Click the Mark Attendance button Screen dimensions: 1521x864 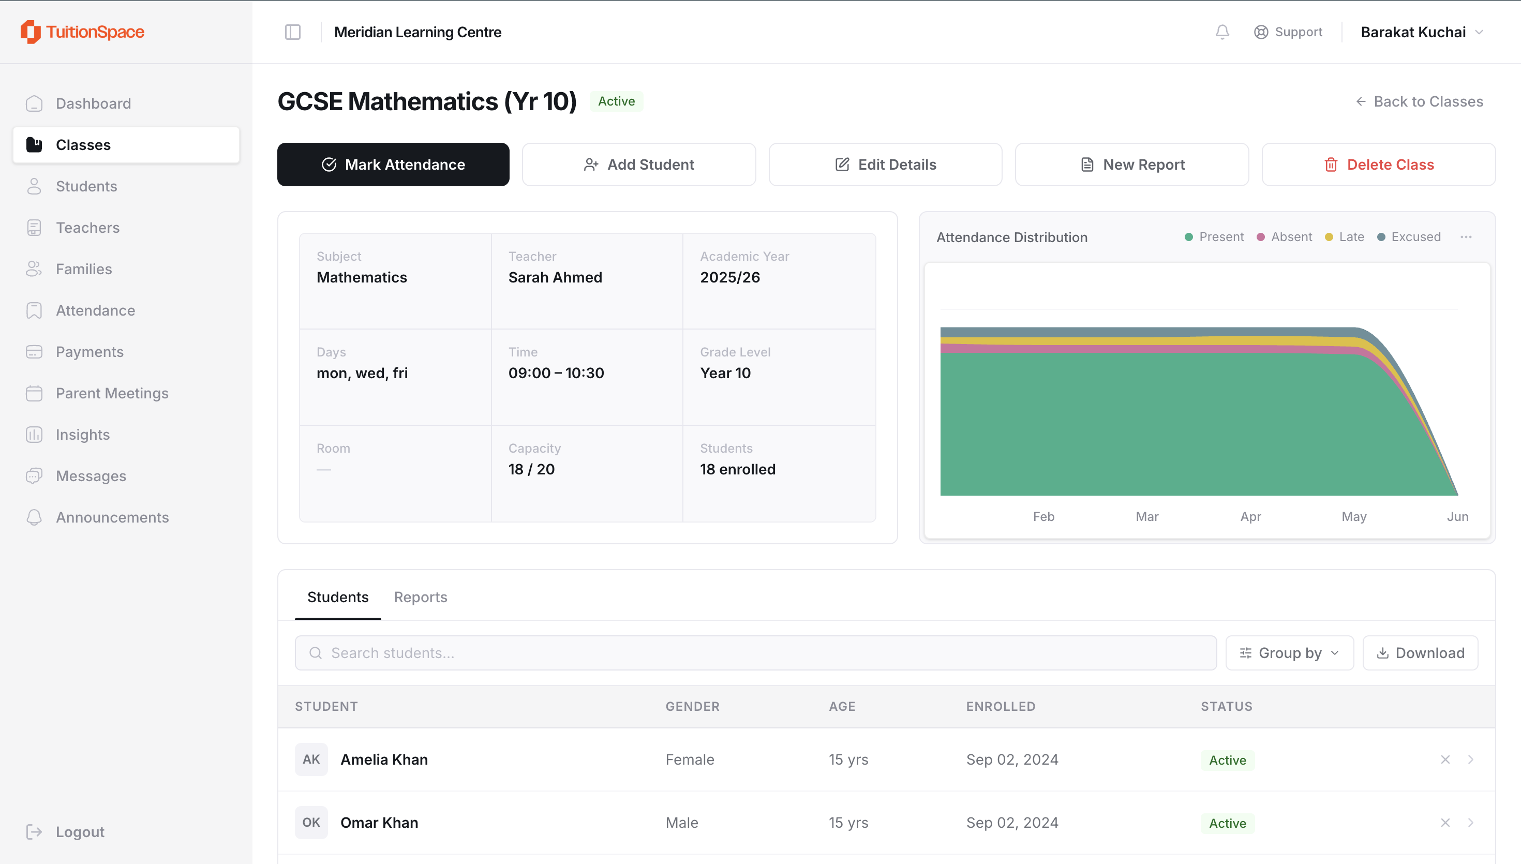(x=393, y=165)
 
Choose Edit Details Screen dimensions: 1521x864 (x=885, y=165)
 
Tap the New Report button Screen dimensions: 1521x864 (x=1132, y=165)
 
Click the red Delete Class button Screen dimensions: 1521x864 (x=1379, y=165)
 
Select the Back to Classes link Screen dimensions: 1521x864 (x=1419, y=101)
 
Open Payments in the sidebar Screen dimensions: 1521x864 (x=90, y=352)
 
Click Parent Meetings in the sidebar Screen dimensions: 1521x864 (x=112, y=393)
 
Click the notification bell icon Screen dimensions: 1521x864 (x=1222, y=32)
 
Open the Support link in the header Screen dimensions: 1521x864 (x=1288, y=32)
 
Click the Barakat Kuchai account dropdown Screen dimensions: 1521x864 (x=1421, y=32)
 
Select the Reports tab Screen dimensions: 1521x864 (x=421, y=597)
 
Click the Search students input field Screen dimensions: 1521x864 (x=756, y=653)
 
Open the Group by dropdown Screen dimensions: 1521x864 (x=1290, y=653)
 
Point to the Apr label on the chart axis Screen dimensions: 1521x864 (x=1250, y=516)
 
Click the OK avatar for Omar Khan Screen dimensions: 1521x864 (x=311, y=823)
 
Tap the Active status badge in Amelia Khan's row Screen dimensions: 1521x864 (x=1227, y=760)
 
